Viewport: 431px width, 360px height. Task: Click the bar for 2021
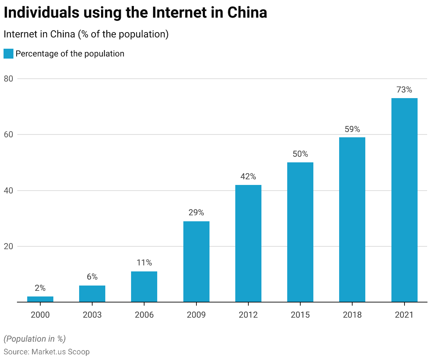[x=404, y=200]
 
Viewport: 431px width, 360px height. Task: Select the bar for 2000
[x=40, y=299]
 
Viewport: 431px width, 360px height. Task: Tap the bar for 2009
[x=196, y=262]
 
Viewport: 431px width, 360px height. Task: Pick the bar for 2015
[x=300, y=232]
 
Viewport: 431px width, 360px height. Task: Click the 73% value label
[x=404, y=90]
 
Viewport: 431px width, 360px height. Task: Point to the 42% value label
[x=248, y=176]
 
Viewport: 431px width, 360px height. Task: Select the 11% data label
[x=144, y=263]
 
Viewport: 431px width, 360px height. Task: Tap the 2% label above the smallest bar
[x=40, y=288]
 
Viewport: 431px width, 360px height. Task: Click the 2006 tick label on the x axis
[x=144, y=314]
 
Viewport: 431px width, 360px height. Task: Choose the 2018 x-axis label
[x=352, y=314]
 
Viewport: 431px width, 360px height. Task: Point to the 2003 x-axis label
[x=92, y=314]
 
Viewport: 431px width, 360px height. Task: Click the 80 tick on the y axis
[x=8, y=79]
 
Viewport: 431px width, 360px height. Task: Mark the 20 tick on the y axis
[x=8, y=246]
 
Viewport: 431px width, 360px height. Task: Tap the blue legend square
[x=8, y=54]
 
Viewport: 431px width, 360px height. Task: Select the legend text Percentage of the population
[x=70, y=54]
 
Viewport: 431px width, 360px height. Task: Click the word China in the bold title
[x=247, y=13]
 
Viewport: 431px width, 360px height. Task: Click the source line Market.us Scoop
[x=47, y=352]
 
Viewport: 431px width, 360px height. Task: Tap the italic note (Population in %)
[x=35, y=339]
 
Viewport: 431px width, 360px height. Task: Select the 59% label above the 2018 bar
[x=352, y=129]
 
